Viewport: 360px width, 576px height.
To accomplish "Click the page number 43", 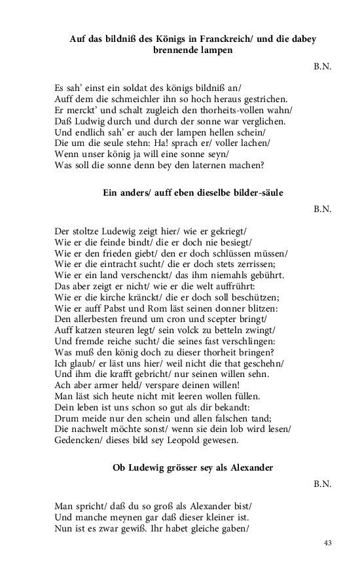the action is pos(328,543).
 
